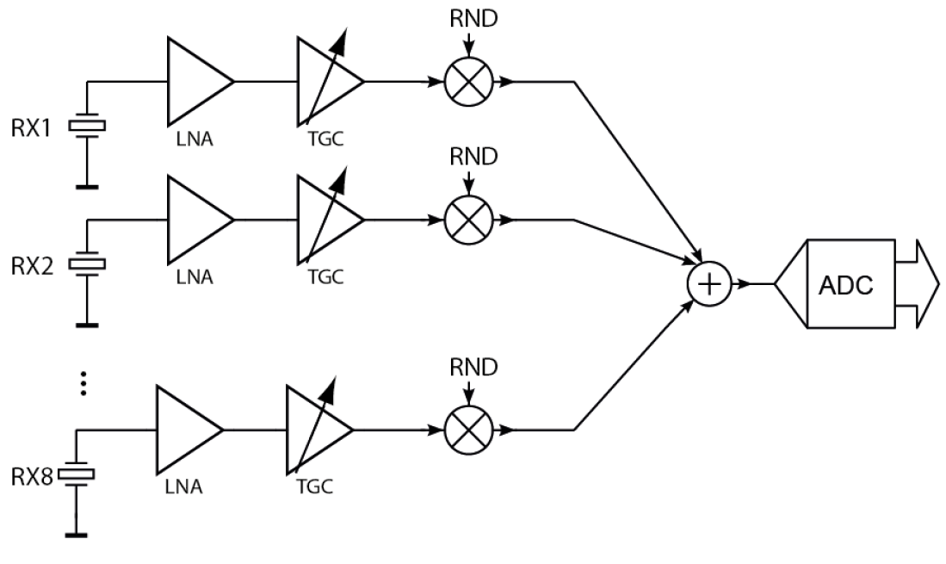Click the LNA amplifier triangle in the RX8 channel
pyautogui.click(x=184, y=428)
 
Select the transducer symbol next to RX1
pyautogui.click(x=87, y=127)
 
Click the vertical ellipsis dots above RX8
pyautogui.click(x=84, y=383)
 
